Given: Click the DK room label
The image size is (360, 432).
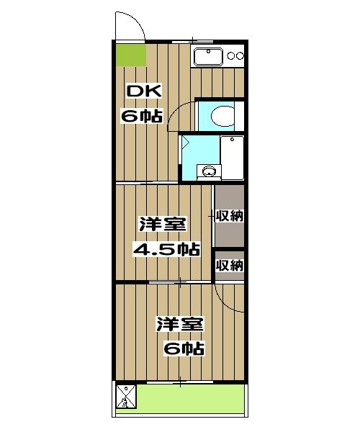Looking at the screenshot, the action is pos(144,91).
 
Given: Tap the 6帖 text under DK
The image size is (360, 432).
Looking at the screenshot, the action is pos(142,116).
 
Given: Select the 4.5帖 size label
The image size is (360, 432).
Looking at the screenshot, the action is pos(166,249).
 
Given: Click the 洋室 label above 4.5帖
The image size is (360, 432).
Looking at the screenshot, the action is pos(163,224).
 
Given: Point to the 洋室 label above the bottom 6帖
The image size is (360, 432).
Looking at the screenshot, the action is pos(180,324).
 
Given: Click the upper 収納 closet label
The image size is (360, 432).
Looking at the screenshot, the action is pos(230,216).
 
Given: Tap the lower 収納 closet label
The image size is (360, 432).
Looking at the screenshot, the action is pos(230,265).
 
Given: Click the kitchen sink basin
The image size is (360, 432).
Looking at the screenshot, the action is pos(208,56).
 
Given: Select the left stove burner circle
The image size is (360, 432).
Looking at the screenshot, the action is pos(230,56).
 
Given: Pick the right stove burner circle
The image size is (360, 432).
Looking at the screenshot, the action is pos(240,56).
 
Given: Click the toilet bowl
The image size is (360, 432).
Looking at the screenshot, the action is pos(222,116).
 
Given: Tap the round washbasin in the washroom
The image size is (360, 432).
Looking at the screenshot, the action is pos(209,171).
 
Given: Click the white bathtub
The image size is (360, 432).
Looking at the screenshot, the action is pos(232,158).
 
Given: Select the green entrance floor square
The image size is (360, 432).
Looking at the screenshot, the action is pos(131,55).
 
